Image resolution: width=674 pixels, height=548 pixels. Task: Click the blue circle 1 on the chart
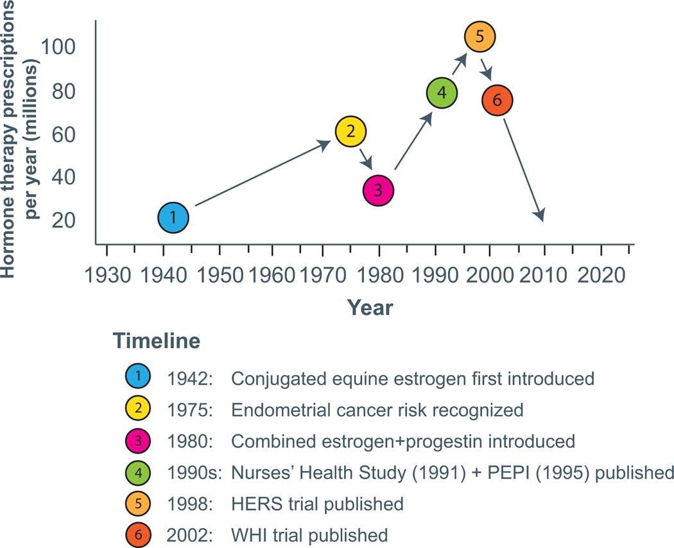173,218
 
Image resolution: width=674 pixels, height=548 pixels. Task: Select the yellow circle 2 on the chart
350,132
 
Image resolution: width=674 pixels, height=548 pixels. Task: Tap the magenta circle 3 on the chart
378,190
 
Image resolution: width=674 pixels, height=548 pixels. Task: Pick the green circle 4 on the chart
442,93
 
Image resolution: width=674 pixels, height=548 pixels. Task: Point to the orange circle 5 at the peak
480,36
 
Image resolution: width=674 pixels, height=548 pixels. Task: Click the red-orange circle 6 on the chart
497,100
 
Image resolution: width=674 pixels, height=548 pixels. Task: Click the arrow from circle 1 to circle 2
263,173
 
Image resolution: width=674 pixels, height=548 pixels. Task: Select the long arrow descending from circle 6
524,170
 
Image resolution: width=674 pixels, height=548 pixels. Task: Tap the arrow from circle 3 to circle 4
413,141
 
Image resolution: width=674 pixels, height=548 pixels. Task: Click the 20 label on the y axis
64,220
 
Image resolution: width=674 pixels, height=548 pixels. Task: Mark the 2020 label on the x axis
601,276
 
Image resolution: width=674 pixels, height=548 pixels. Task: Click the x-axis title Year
370,308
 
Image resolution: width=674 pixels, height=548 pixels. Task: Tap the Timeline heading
157,340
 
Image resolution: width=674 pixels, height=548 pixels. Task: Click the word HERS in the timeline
257,504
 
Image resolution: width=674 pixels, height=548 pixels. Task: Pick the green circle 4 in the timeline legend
138,473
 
